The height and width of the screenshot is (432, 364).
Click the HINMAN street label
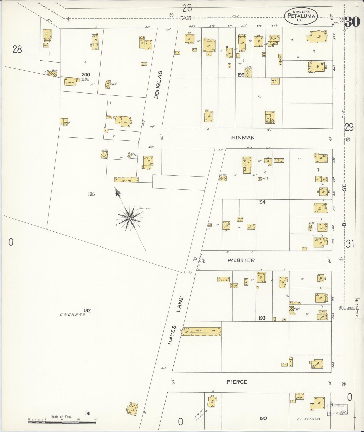coord(243,138)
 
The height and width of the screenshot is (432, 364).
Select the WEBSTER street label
coord(241,260)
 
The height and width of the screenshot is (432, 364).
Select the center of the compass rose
coord(129,218)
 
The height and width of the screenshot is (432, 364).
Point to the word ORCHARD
coord(73,315)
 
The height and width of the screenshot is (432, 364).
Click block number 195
coord(91,194)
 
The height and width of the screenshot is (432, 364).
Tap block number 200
coord(86,75)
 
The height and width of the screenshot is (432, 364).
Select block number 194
coord(262,202)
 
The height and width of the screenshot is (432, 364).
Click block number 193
coord(262,318)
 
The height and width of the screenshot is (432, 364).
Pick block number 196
coord(241,75)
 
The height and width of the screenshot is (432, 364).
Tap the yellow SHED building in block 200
coord(70,81)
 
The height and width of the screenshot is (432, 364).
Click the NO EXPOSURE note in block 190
coord(309,419)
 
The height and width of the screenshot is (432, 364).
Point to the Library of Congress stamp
coord(338,409)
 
